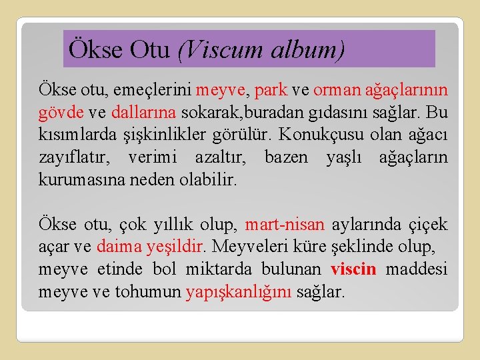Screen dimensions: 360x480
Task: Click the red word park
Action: [271, 89]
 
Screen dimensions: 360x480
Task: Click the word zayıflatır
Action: [71, 157]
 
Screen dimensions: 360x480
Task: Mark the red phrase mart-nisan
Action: [285, 225]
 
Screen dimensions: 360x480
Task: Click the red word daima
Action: [118, 246]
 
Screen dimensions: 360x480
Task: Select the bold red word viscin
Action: [353, 269]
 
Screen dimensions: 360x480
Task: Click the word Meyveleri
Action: [248, 246]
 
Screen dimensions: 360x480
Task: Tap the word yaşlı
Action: [343, 157]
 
